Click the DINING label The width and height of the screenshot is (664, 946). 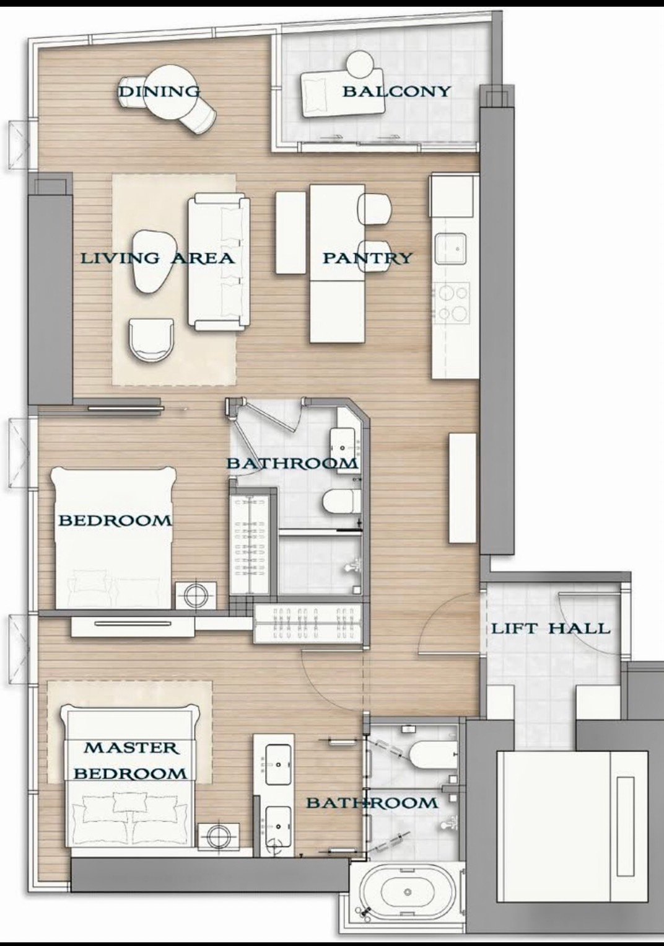pos(159,92)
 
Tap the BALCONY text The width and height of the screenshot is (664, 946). pos(396,91)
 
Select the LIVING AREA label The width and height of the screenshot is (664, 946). pos(157,258)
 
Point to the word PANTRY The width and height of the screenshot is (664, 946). pos(367,258)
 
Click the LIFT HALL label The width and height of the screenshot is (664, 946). pos(551,628)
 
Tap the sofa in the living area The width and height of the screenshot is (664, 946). pos(219,262)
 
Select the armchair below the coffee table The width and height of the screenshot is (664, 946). pos(152,340)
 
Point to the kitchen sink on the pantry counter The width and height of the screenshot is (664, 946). pos(450,249)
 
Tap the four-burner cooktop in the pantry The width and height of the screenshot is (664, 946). pos(452,303)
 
